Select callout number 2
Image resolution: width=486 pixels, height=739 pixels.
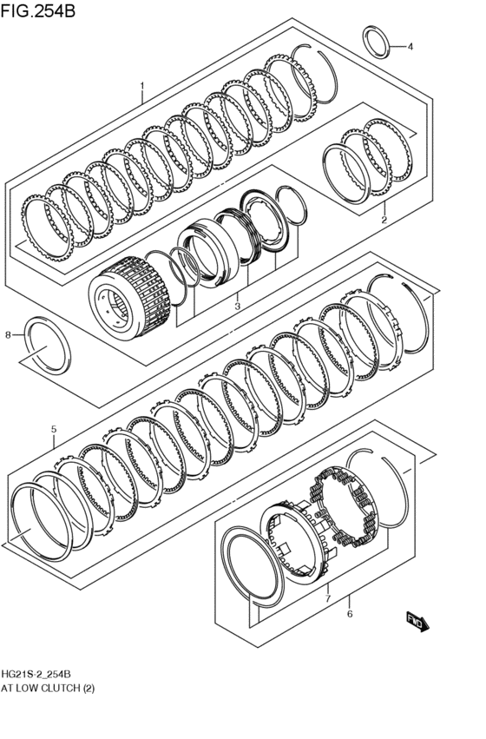383,221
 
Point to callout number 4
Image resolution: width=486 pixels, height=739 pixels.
410,47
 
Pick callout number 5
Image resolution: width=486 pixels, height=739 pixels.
53,429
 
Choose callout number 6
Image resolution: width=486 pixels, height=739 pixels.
349,614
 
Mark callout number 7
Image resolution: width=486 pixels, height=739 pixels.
326,598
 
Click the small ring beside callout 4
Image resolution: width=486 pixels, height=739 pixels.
376,42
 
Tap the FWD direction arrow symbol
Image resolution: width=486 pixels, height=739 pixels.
417,620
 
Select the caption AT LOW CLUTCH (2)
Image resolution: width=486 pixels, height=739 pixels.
48,688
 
